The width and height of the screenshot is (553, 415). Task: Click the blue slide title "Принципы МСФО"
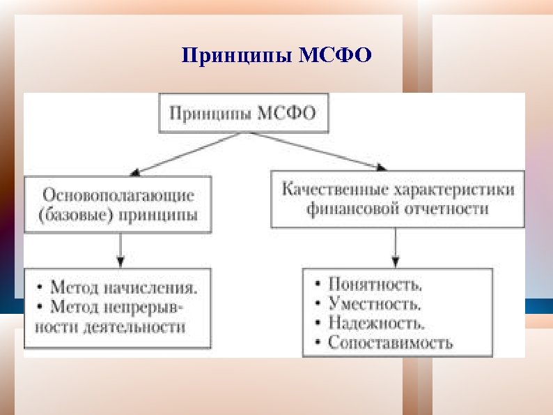tap(276, 55)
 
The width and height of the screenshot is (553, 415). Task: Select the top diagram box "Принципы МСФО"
tap(242, 113)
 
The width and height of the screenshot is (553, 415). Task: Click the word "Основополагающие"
tap(118, 195)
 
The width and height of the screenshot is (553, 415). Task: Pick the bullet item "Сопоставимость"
tap(389, 342)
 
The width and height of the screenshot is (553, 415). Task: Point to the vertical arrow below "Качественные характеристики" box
tap(396, 246)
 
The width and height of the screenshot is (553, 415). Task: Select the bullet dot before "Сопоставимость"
tap(318, 343)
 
